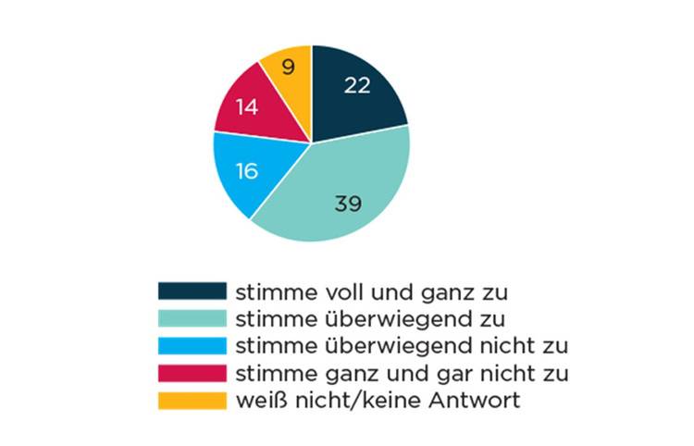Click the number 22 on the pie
point(357,85)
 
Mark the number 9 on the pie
point(289,67)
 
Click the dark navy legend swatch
point(192,291)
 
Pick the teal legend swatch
point(192,318)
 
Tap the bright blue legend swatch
point(192,346)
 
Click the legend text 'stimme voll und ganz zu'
point(373,291)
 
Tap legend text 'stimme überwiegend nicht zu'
point(402,347)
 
